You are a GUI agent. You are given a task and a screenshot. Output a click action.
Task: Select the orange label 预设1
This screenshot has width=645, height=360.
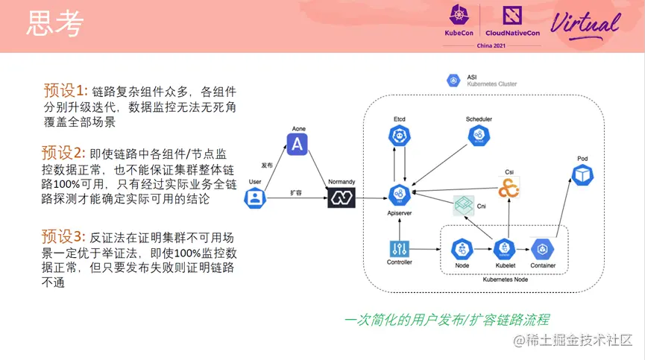(x=66, y=91)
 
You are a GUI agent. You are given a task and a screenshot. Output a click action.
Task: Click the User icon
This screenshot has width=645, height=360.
(x=256, y=198)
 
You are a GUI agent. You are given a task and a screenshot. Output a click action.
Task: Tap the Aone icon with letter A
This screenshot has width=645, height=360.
(x=298, y=143)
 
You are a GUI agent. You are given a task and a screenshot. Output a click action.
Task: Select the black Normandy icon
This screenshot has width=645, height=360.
(x=342, y=198)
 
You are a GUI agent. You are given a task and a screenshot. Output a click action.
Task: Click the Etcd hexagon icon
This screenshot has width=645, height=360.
(x=400, y=137)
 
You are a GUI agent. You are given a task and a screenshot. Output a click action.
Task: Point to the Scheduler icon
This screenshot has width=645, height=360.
(x=478, y=136)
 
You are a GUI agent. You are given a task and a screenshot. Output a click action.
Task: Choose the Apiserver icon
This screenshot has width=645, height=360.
(x=400, y=195)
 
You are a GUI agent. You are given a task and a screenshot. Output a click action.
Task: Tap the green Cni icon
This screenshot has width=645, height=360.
(x=465, y=206)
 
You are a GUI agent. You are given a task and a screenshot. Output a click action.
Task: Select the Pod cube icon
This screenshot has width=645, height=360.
(x=582, y=174)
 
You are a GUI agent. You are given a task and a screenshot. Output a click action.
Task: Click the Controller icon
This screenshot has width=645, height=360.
(x=400, y=249)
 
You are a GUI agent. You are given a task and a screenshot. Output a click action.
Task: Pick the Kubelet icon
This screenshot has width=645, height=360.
(x=505, y=249)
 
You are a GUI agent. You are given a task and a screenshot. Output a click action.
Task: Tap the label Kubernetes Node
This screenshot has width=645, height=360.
(x=507, y=279)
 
